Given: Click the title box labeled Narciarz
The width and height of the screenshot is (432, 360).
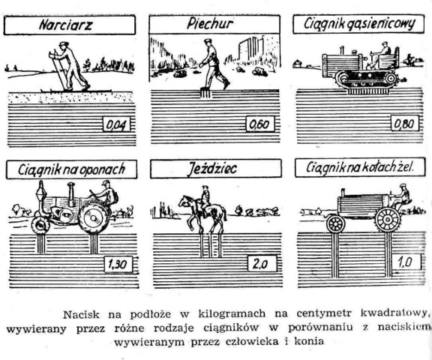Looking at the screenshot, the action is click(x=69, y=25).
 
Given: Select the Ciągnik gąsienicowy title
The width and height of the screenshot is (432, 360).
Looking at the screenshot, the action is click(x=358, y=24).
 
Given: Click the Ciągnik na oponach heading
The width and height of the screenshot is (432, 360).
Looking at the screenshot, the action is click(x=72, y=169).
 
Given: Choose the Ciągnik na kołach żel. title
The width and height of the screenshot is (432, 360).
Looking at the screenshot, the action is click(x=360, y=167).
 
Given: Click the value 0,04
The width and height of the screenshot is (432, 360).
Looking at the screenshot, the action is click(x=117, y=124).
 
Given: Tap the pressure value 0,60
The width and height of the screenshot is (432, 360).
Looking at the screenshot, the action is click(x=260, y=124).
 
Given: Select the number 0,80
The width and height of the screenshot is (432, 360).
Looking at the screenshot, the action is click(x=405, y=123).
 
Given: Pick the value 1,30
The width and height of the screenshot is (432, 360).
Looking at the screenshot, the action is click(x=118, y=265).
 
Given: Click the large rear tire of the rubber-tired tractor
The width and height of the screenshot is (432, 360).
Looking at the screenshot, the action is click(x=94, y=217).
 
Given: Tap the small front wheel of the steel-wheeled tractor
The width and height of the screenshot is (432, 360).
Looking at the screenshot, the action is click(x=335, y=223).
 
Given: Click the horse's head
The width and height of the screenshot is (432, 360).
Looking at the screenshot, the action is click(x=183, y=200).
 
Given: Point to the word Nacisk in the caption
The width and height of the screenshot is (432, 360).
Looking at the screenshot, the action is click(x=81, y=314).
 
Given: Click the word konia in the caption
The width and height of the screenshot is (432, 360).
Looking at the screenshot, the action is click(x=309, y=341).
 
